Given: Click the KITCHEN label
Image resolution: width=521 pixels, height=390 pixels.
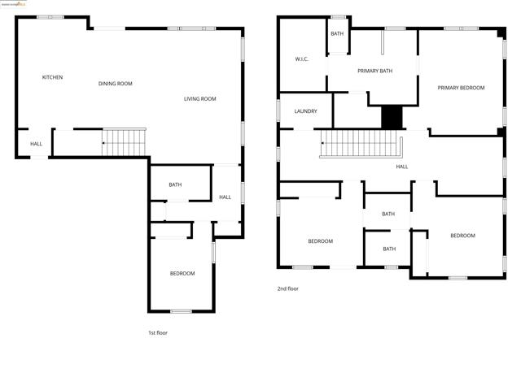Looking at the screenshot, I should (53, 77).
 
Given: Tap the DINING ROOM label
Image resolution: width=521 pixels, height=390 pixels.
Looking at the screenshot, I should (115, 84).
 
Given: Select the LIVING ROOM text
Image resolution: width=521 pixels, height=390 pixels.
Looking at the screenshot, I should (199, 99).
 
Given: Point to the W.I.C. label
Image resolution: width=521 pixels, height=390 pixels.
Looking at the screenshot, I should (301, 59).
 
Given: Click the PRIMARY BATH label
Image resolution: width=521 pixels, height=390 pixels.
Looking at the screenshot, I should (375, 71).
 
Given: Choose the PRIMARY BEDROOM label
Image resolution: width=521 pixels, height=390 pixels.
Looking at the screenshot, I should (461, 88).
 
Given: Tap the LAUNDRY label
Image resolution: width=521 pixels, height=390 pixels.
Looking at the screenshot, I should (305, 111).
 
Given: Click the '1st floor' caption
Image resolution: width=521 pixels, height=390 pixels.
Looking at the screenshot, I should (158, 332).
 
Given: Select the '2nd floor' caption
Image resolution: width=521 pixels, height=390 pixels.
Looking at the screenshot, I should (288, 288).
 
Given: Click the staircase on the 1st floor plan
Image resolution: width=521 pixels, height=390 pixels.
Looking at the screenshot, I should (125, 142).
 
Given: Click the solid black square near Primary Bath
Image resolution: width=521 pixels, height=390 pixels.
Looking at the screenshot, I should (392, 117).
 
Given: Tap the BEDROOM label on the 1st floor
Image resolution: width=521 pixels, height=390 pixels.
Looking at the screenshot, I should (182, 274).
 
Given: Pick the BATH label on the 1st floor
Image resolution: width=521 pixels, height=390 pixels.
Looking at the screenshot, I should (175, 185).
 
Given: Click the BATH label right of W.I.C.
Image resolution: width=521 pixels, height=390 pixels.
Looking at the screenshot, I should (337, 33).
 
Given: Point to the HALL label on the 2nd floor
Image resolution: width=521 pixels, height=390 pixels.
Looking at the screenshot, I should (402, 167).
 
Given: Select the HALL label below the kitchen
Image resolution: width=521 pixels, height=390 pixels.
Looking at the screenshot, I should (37, 144).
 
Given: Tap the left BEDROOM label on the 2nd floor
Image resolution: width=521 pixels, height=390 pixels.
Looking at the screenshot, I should (320, 240).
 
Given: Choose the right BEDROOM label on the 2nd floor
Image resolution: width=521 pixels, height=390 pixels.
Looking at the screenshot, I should (462, 236).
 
